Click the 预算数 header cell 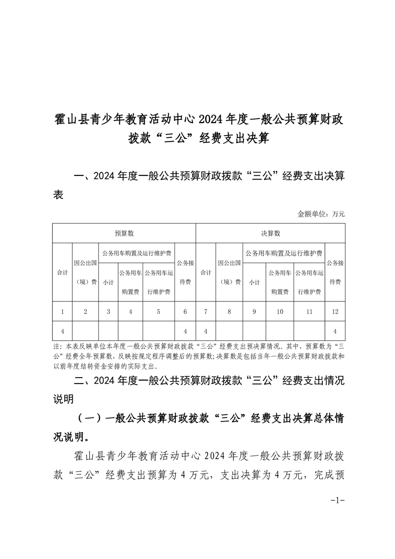point(124,233)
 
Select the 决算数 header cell point(270,233)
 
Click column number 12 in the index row point(335,311)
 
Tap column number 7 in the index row point(205,311)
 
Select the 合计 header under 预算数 point(62,273)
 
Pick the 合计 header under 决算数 point(205,273)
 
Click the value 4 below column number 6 point(185,331)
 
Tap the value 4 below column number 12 point(335,331)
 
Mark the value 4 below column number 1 point(62,331)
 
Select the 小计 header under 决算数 point(254,282)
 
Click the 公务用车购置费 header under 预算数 point(130,282)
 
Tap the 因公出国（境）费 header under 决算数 point(229,272)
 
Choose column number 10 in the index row point(280,311)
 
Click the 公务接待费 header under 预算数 point(185,272)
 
